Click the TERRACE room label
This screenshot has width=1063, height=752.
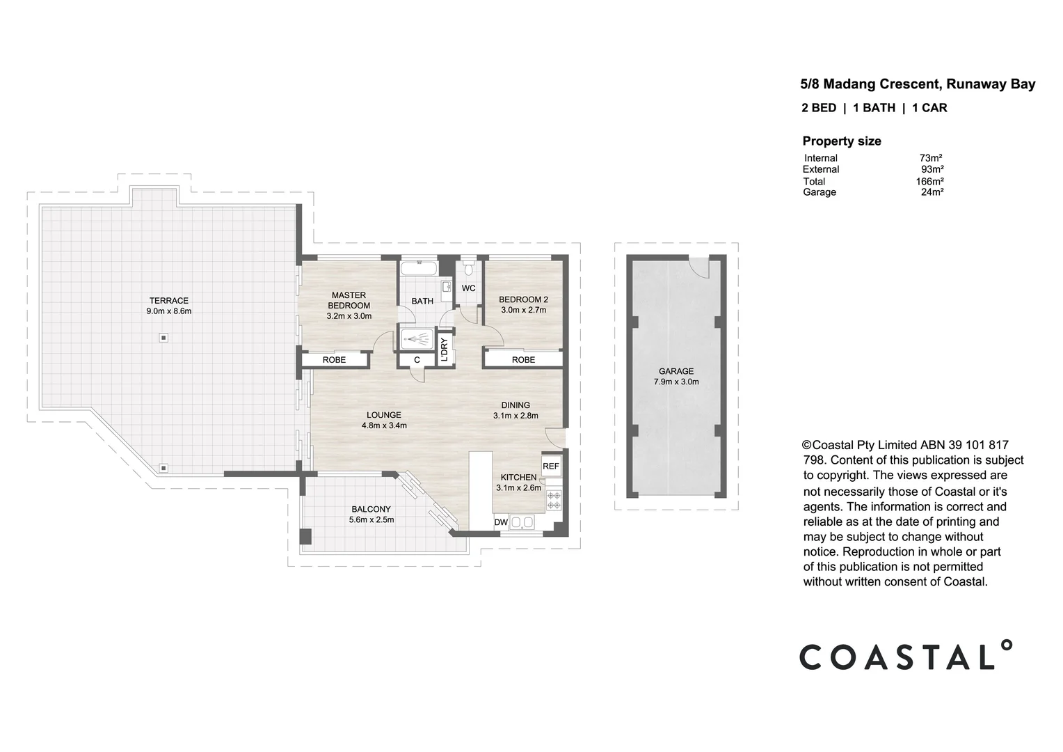[168, 301]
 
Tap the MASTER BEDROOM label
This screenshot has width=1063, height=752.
[349, 300]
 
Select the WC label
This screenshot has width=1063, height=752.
[468, 288]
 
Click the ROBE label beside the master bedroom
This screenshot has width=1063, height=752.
[334, 360]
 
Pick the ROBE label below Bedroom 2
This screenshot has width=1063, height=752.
[523, 360]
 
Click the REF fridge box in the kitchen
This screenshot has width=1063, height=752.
[550, 467]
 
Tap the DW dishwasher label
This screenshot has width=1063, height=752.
[500, 523]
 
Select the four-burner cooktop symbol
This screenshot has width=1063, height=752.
[554, 499]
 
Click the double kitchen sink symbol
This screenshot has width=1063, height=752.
[522, 522]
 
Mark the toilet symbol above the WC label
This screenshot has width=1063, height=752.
[469, 269]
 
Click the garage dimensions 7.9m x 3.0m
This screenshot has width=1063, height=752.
[676, 382]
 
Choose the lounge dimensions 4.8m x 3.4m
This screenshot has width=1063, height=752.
[384, 425]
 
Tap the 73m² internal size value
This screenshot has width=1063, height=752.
[930, 158]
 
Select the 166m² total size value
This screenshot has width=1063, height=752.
[929, 182]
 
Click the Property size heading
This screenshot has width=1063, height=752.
[841, 141]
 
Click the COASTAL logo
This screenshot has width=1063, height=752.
[905, 656]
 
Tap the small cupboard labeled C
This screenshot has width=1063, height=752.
[417, 360]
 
